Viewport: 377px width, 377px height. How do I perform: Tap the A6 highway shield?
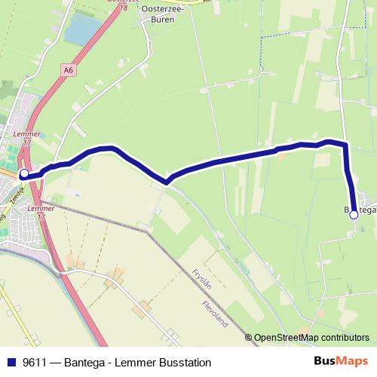[x=68, y=70]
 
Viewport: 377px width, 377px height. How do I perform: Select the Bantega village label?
[x=360, y=210]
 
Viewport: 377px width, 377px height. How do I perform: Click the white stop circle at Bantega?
[x=354, y=214]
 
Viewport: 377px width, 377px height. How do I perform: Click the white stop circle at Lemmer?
[x=24, y=173]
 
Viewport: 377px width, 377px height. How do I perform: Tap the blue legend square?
[x=11, y=363]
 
